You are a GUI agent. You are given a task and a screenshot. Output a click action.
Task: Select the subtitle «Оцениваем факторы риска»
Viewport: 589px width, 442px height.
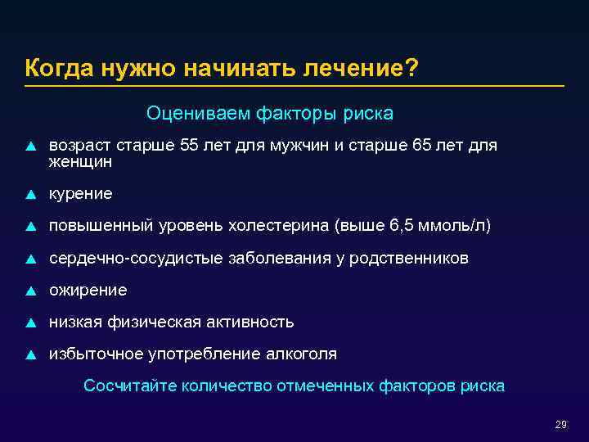click(x=269, y=112)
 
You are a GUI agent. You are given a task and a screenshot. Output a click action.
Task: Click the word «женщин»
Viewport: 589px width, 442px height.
click(x=80, y=162)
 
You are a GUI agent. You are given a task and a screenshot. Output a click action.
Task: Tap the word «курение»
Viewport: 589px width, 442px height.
click(x=80, y=194)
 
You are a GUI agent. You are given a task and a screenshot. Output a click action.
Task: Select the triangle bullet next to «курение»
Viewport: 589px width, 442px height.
click(x=30, y=195)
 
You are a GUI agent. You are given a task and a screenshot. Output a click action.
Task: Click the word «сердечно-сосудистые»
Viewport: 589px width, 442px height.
click(x=136, y=258)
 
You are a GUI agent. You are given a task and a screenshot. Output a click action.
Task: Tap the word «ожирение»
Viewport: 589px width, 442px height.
click(x=88, y=290)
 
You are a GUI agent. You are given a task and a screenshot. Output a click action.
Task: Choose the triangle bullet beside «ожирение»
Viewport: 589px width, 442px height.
click(x=30, y=291)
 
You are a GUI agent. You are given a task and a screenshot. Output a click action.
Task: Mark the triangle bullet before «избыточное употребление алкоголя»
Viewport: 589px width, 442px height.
click(x=30, y=354)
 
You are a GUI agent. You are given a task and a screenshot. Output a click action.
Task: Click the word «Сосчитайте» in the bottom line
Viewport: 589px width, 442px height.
click(x=130, y=386)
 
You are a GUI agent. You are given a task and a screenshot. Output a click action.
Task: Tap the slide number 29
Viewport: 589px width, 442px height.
click(x=560, y=425)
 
